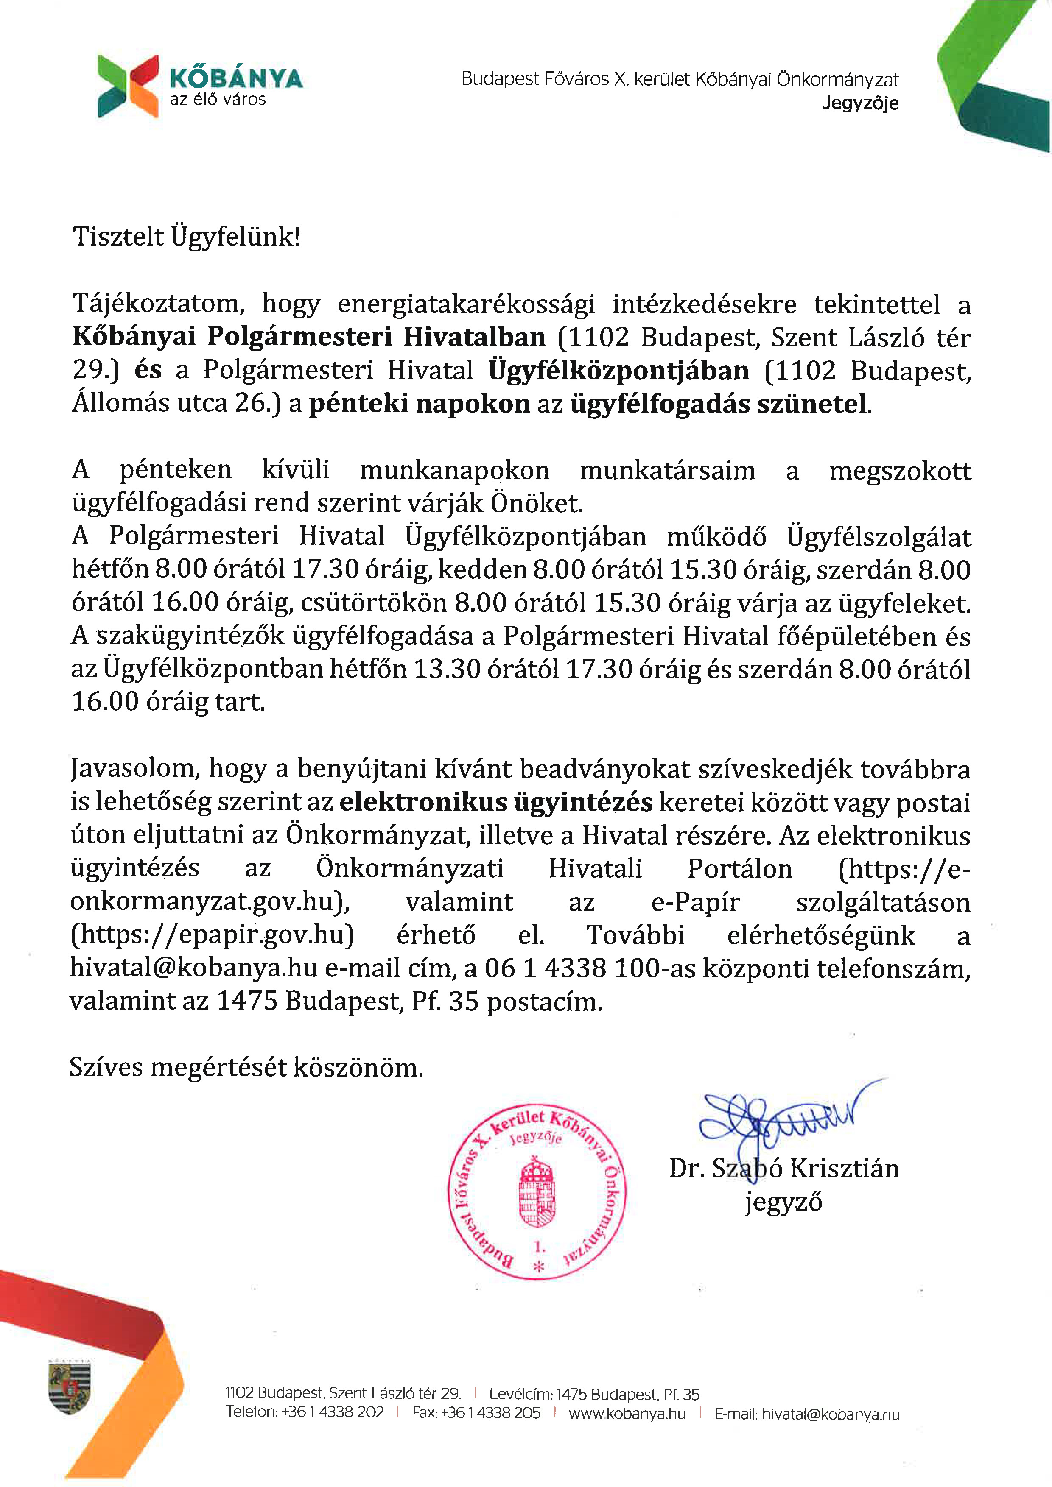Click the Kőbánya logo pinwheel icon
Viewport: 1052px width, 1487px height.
128,86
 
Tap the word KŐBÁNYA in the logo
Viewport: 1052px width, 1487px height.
236,78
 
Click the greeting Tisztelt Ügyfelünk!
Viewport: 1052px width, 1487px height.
187,237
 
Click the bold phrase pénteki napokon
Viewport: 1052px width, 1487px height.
419,404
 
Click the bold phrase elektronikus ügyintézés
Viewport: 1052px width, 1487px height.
495,802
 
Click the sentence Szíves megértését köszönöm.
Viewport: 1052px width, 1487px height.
246,1067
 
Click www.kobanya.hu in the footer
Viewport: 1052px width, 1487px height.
627,1413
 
